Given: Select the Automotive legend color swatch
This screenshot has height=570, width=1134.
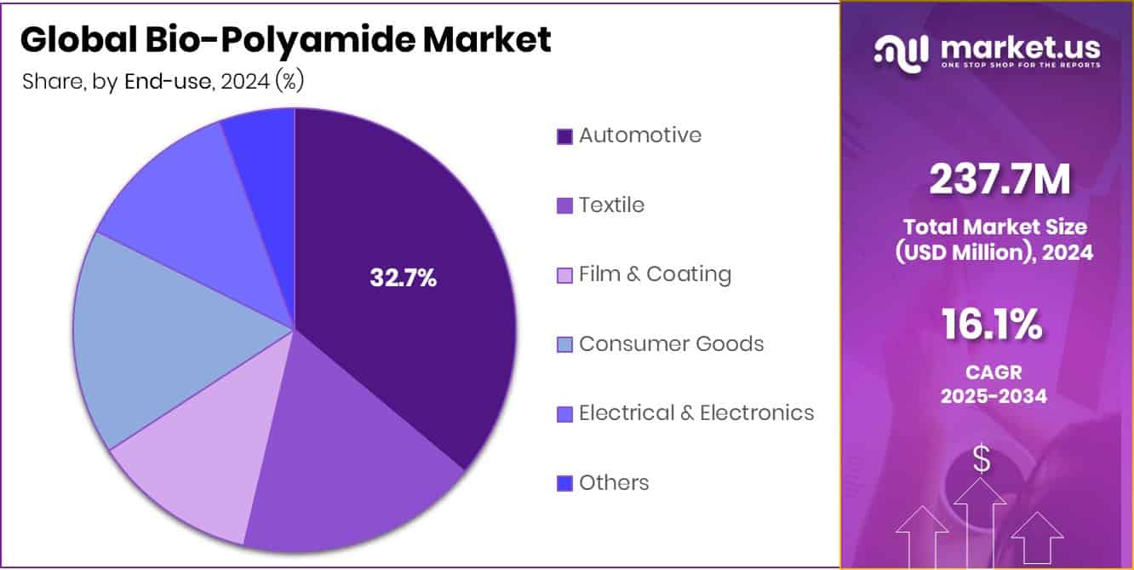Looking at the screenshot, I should coord(564,136).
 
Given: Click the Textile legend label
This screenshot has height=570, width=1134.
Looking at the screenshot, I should coord(611,205).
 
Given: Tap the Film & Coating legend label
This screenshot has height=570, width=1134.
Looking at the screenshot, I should coord(655,274).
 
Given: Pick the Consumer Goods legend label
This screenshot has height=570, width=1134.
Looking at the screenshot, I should coord(671,344).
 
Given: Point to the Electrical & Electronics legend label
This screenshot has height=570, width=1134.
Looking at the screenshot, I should coord(696,413).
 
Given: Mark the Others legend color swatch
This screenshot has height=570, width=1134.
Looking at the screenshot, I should coord(564,484).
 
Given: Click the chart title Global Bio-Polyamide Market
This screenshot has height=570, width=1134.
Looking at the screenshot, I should coord(286,40).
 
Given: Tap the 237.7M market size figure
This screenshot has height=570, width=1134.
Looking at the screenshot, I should coord(999,180).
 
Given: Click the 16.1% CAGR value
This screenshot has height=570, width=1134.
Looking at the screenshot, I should coord(993,325).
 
